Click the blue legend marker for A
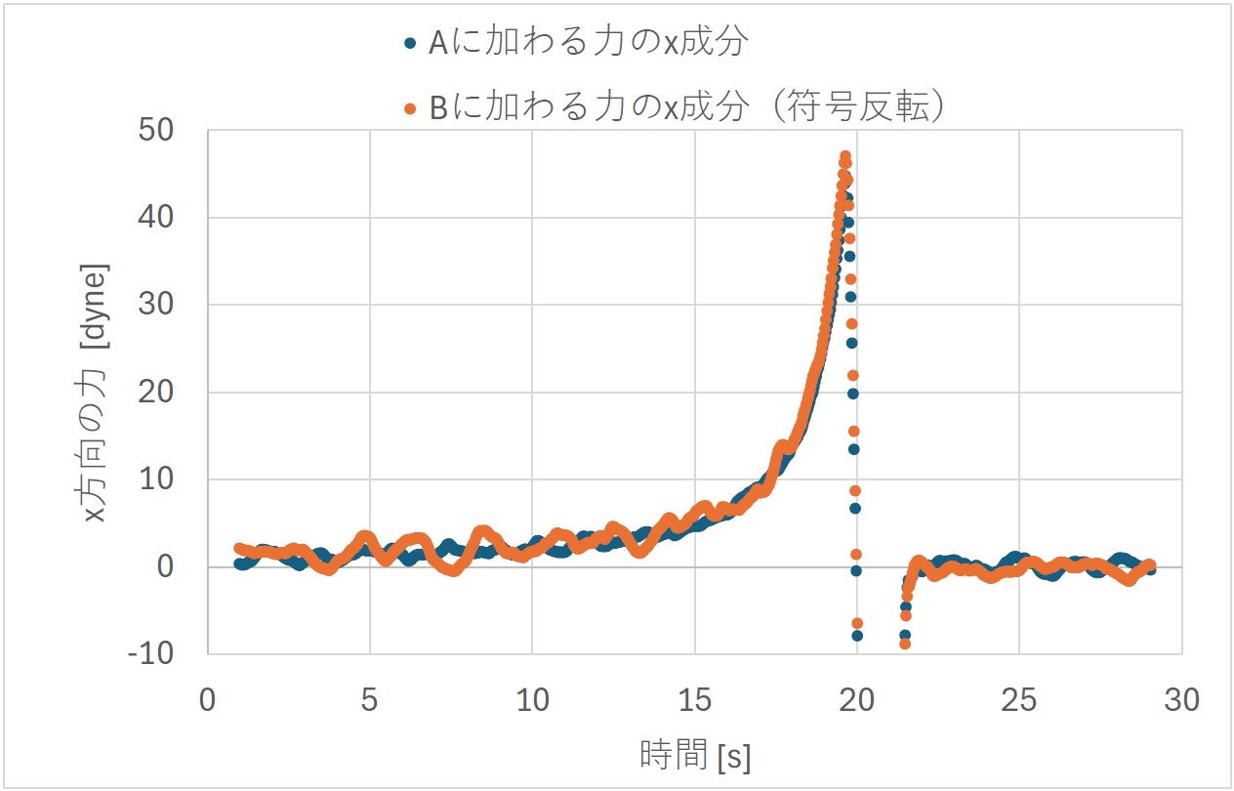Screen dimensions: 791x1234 pos(411,43)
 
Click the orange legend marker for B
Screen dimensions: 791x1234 pos(411,107)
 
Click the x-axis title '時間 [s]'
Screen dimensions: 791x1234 pos(694,755)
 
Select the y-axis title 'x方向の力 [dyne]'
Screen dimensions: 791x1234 pos(97,392)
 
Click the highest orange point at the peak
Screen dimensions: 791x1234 pos(845,156)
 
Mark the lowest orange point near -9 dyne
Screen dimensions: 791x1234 pos(905,644)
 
